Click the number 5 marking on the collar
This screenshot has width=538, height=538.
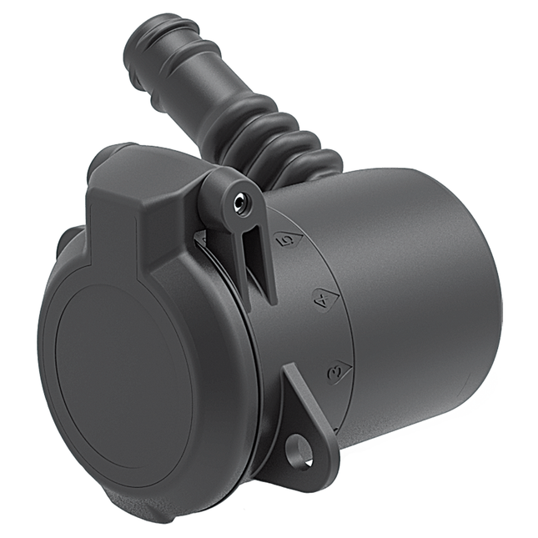tap(288, 239)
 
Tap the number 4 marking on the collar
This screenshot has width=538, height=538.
tap(320, 298)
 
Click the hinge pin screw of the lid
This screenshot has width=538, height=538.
tap(241, 199)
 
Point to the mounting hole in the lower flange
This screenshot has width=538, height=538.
tap(299, 453)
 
